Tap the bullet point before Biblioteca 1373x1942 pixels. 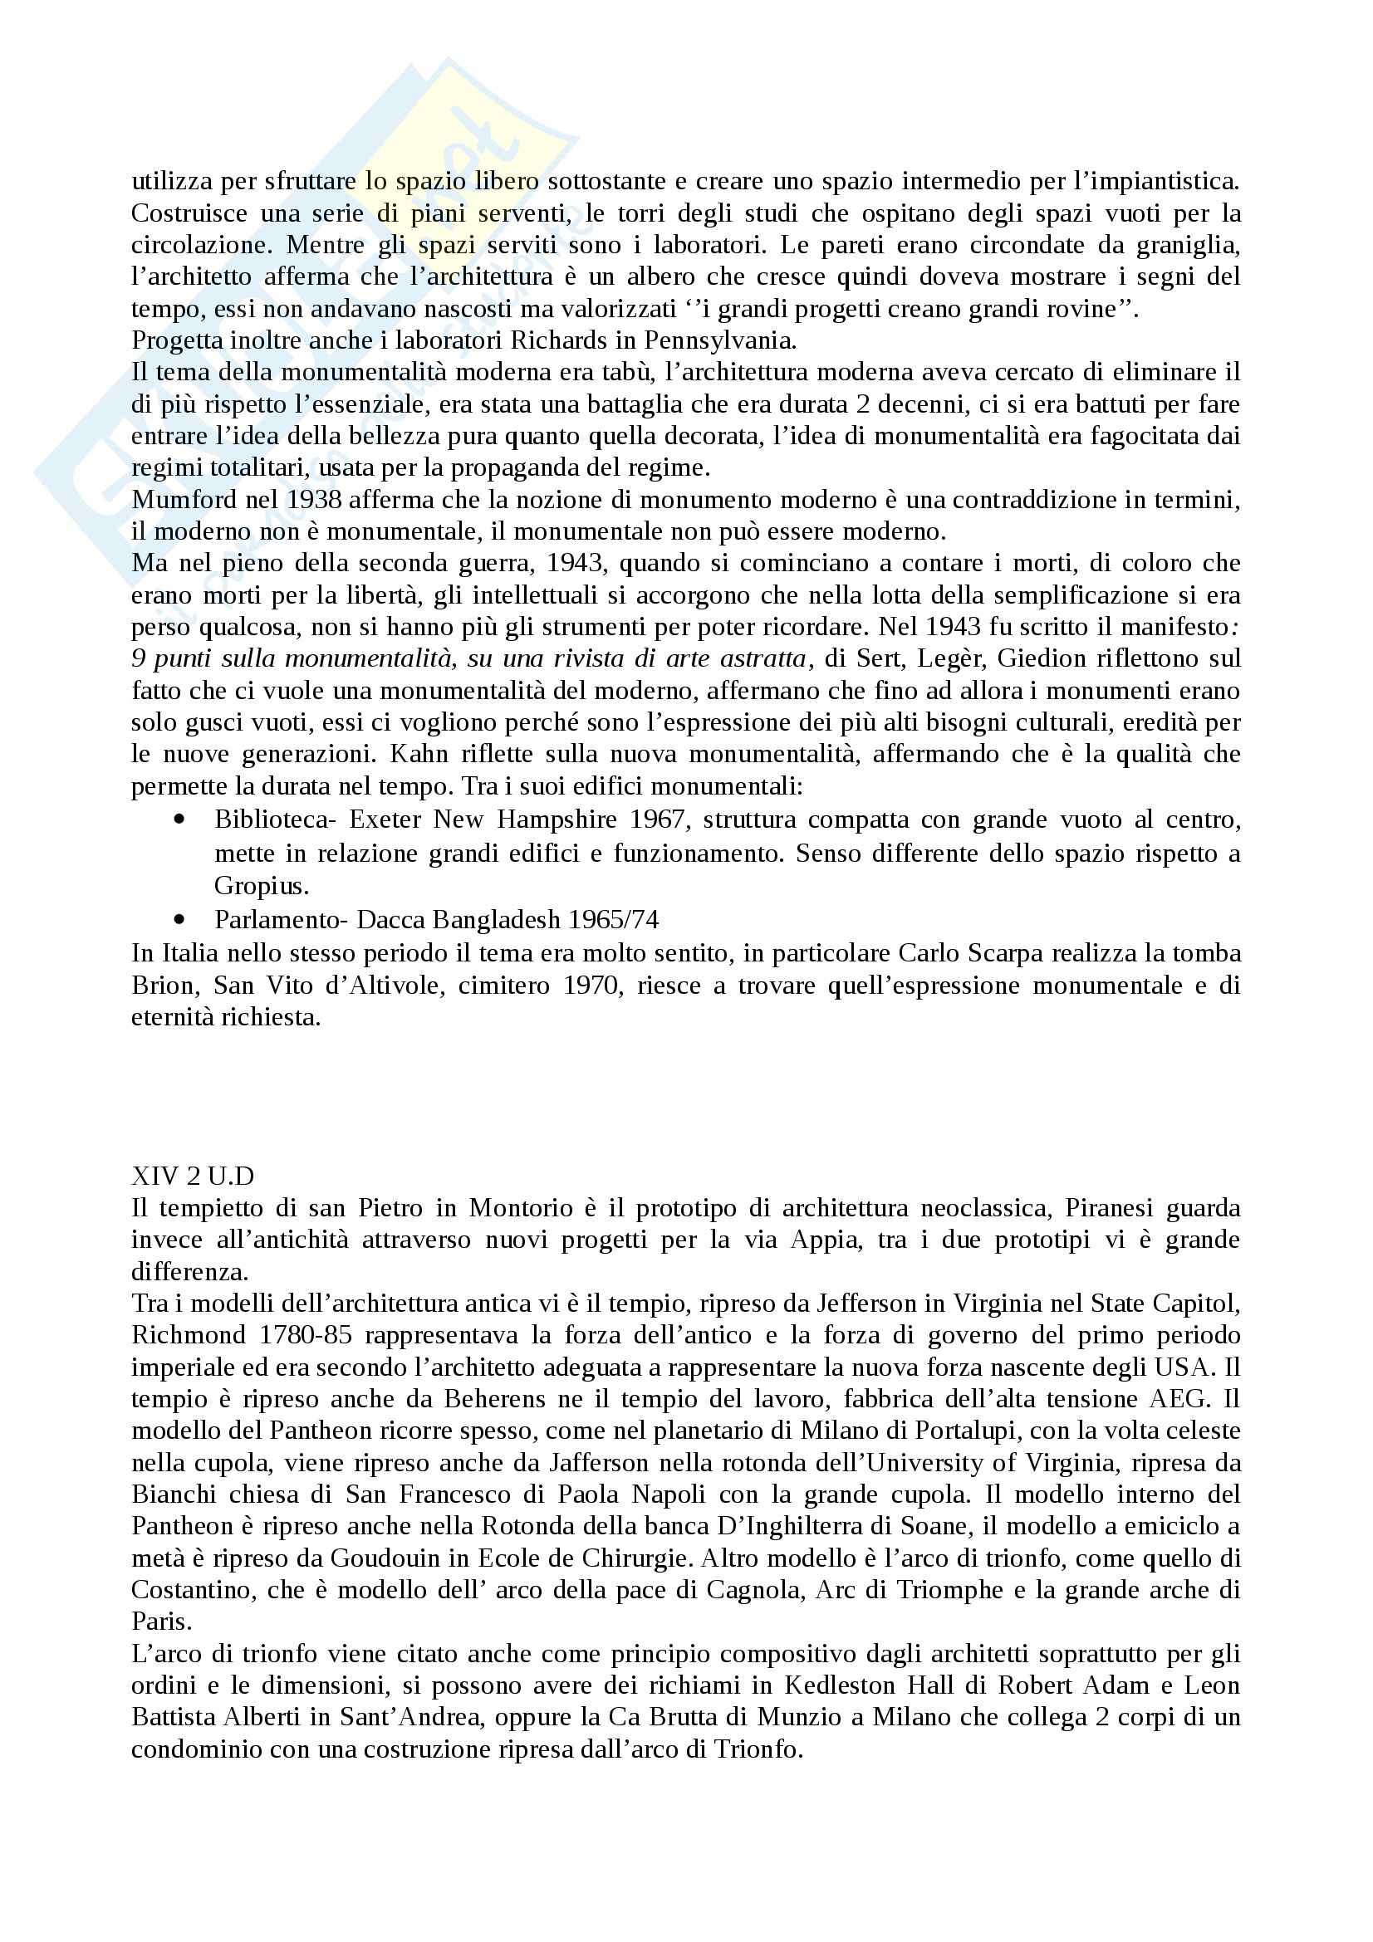[178, 819]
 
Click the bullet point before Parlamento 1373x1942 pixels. [178, 919]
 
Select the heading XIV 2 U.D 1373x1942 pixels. [193, 1176]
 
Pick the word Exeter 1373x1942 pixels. [385, 819]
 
